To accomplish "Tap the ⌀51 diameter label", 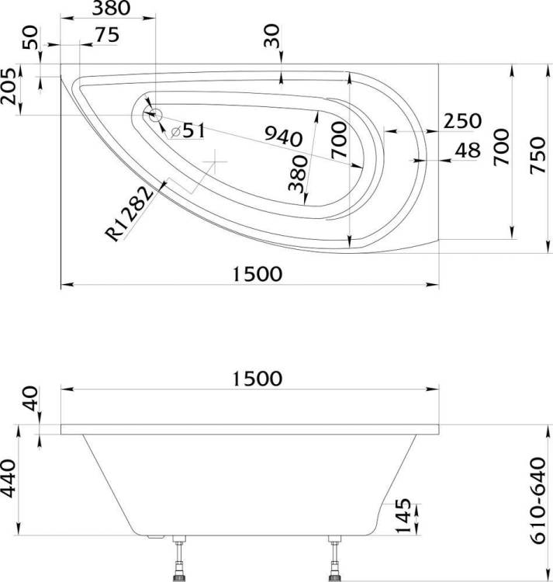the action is (188, 131).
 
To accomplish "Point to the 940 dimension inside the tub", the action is (284, 137).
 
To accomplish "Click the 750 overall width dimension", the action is (537, 155).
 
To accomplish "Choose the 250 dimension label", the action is (462, 121).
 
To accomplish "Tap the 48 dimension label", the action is (468, 151).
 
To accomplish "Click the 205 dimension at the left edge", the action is (9, 86).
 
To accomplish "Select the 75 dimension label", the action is (107, 35).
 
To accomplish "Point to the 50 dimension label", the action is (30, 37).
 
